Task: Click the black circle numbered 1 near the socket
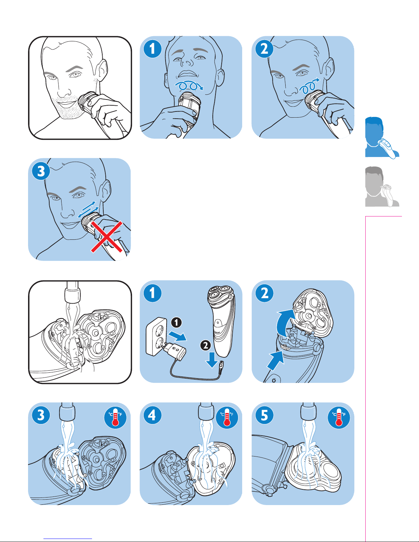(176, 322)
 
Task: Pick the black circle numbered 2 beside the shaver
(206, 345)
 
